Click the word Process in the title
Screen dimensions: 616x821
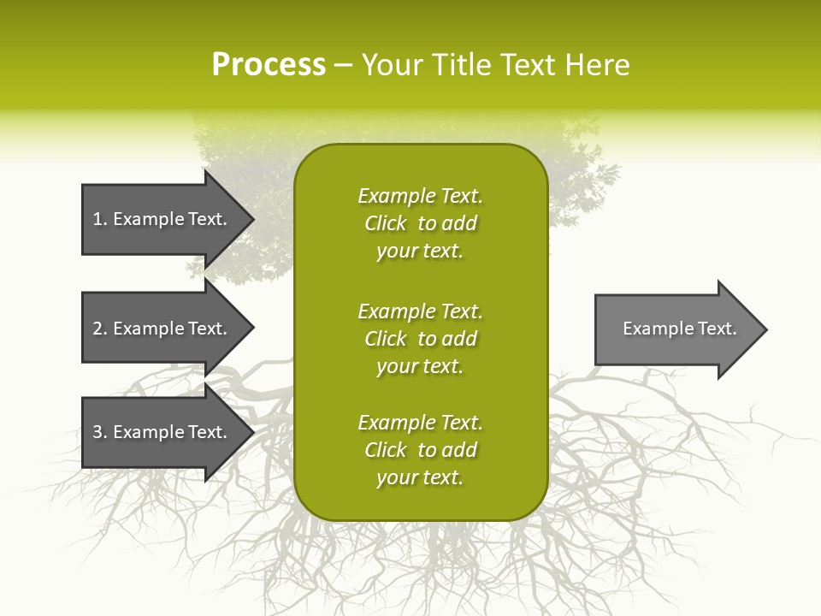tap(269, 65)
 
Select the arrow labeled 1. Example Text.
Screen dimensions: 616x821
tap(162, 219)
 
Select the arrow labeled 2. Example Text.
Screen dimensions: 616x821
tap(162, 329)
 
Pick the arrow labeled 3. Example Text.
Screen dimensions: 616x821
tap(162, 432)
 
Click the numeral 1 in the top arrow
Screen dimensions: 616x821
tap(97, 219)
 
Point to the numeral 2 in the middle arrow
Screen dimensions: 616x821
tap(97, 329)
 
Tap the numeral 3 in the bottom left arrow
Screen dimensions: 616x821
tap(97, 432)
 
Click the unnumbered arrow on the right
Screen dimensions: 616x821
tap(676, 329)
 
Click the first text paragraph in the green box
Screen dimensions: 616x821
tap(420, 223)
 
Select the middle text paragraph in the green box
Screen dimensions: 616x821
tap(420, 339)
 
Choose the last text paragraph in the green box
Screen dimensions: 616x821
tap(420, 450)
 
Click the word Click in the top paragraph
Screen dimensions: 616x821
tap(386, 223)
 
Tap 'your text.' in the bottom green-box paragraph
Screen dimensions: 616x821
tap(420, 477)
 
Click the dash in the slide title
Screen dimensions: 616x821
tap(343, 66)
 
